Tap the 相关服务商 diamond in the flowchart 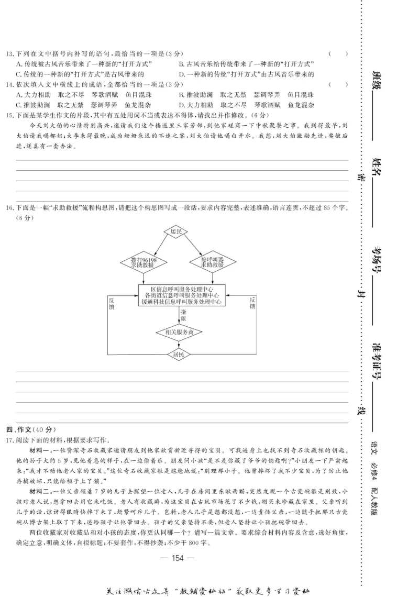179,332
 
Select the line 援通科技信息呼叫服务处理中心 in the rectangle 181,302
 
